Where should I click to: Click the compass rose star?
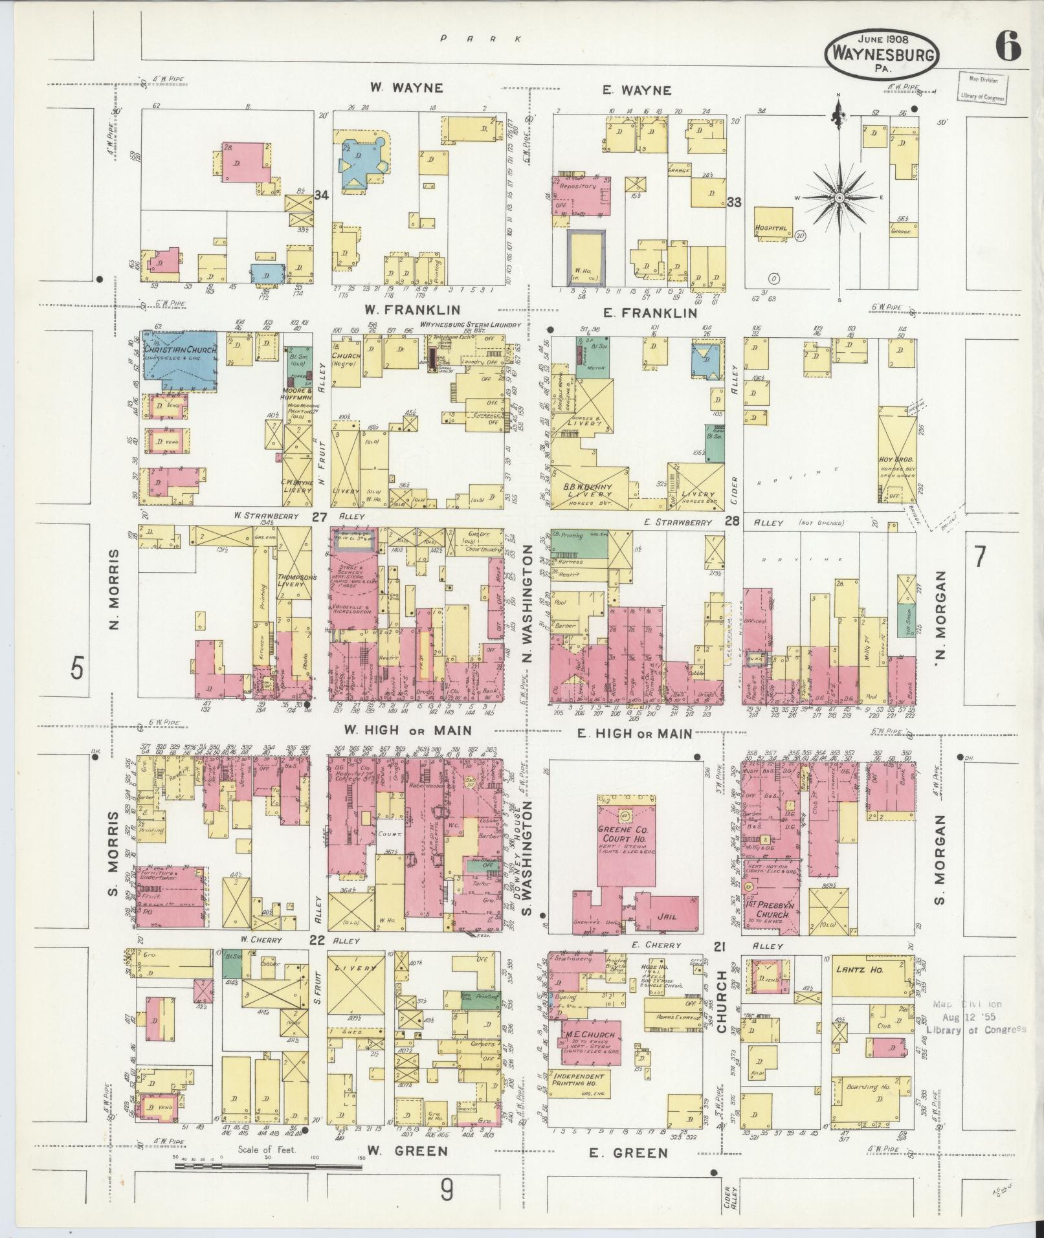pos(839,197)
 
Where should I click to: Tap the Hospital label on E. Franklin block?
pos(770,228)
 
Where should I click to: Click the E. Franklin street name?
pos(649,313)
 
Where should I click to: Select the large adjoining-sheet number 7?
pos(979,556)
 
